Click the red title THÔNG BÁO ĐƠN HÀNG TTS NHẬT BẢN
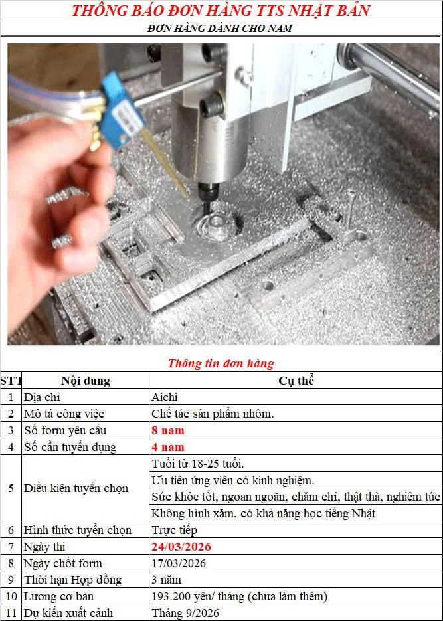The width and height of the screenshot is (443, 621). click(x=221, y=11)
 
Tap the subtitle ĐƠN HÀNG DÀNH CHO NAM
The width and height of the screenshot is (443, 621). click(x=220, y=29)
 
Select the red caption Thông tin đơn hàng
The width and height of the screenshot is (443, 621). click(x=221, y=363)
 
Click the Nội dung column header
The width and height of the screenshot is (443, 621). click(x=86, y=381)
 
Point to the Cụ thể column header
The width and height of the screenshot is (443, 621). click(x=296, y=381)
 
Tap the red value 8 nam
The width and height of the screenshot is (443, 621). click(x=168, y=430)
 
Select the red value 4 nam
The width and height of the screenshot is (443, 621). click(x=168, y=447)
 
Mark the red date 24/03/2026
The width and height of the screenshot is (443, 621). click(x=181, y=547)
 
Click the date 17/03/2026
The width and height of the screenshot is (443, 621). click(x=179, y=564)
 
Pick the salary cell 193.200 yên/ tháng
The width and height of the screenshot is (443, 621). click(x=240, y=596)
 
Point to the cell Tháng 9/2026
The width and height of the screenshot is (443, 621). click(x=185, y=614)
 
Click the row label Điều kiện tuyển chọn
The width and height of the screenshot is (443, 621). click(x=76, y=488)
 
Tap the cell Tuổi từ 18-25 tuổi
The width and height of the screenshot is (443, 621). click(x=198, y=464)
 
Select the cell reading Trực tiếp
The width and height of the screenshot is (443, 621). click(x=174, y=530)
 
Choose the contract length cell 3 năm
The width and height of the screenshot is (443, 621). click(x=166, y=580)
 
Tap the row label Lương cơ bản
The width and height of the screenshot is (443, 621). click(x=58, y=596)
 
